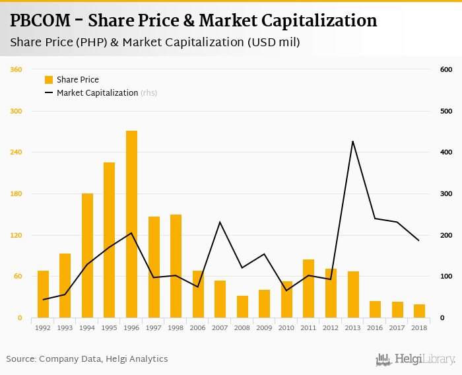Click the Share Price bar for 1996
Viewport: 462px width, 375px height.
tap(131, 224)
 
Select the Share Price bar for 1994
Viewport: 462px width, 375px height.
tap(87, 256)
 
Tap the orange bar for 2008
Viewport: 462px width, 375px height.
tap(242, 307)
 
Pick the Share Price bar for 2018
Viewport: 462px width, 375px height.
tap(419, 311)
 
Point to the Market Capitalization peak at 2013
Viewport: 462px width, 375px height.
tap(353, 141)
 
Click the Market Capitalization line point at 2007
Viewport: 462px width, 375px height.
tap(220, 222)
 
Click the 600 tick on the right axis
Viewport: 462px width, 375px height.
tap(445, 70)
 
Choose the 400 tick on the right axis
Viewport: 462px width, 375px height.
tap(445, 153)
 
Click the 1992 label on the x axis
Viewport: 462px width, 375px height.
tap(43, 327)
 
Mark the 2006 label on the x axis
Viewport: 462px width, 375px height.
tap(198, 327)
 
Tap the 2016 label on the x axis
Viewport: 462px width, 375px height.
tap(375, 327)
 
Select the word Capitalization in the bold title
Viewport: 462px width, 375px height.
tap(311, 21)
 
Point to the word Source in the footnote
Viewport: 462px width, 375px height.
tap(21, 359)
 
